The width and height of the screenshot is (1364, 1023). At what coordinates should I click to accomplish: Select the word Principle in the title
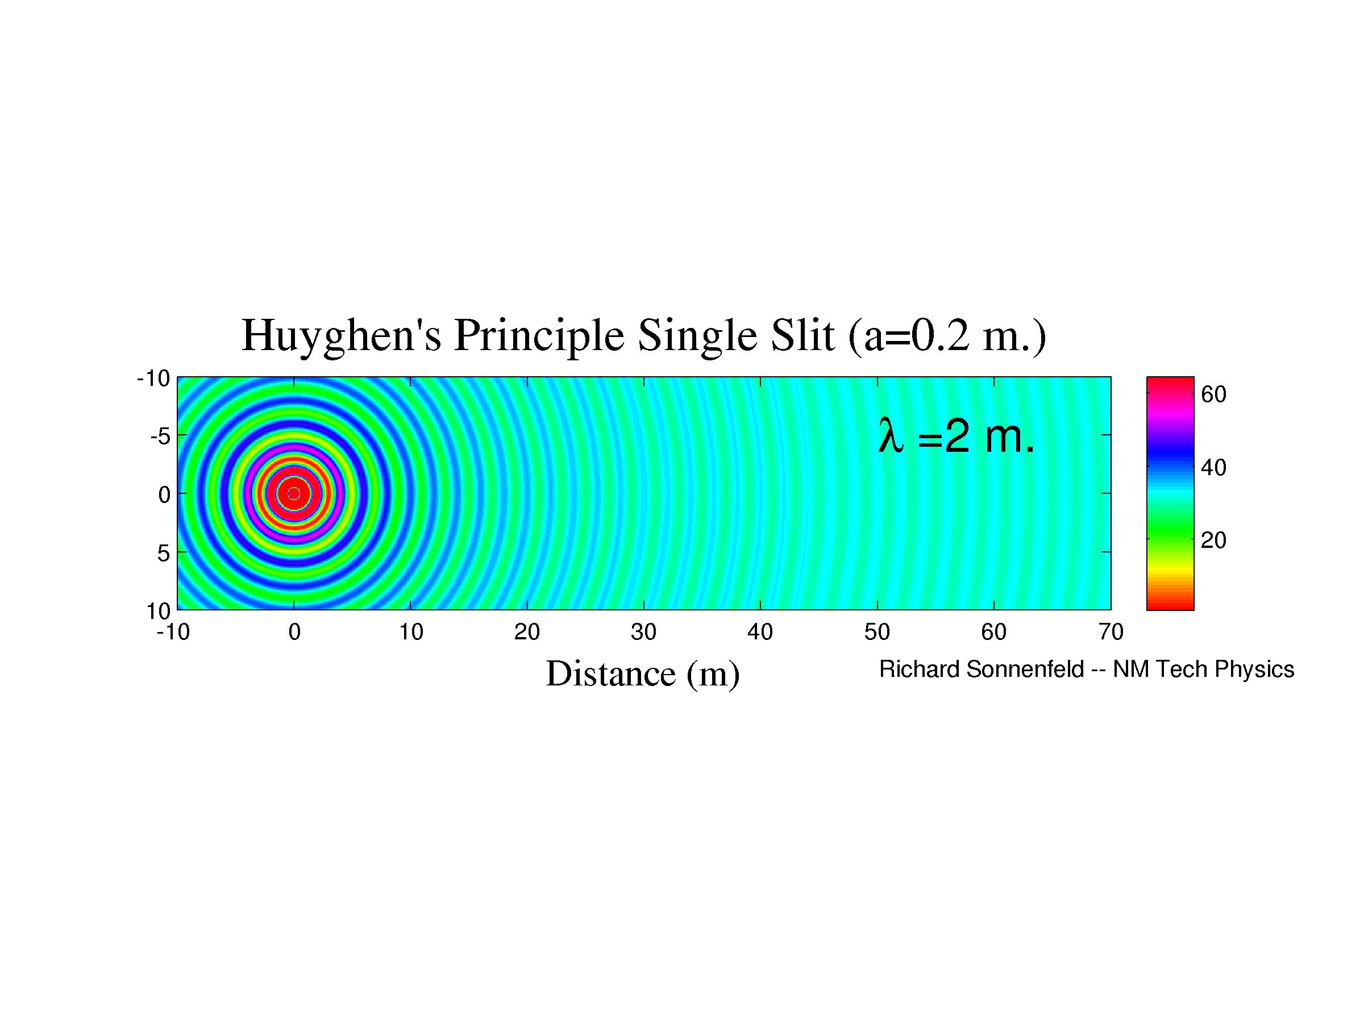(x=538, y=336)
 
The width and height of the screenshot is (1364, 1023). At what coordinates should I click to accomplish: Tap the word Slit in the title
(x=801, y=336)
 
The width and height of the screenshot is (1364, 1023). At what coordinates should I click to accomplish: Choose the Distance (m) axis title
(x=643, y=673)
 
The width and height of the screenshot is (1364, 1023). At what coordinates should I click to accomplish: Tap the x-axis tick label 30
(x=643, y=632)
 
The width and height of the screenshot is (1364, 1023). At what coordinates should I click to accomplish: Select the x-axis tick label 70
(x=1111, y=632)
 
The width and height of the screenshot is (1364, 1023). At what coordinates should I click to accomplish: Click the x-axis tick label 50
(x=877, y=632)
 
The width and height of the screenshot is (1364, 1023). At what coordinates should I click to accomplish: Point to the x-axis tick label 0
(x=294, y=632)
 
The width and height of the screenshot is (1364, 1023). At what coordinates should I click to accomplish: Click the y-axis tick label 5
(x=164, y=553)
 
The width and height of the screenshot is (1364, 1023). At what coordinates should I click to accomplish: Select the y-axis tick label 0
(x=164, y=494)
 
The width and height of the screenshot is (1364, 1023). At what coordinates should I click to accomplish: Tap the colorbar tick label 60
(x=1213, y=394)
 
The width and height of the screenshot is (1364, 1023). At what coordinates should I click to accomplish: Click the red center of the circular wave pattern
(x=294, y=493)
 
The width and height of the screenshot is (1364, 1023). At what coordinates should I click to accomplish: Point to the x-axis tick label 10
(x=411, y=632)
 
